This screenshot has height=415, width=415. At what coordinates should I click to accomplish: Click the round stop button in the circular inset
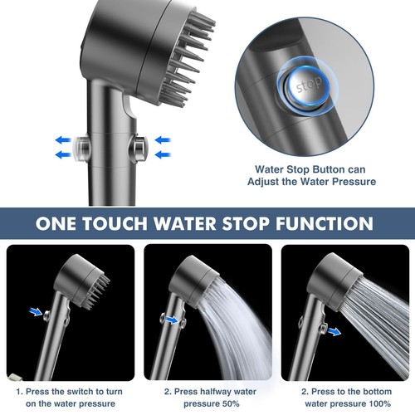tap(304, 85)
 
